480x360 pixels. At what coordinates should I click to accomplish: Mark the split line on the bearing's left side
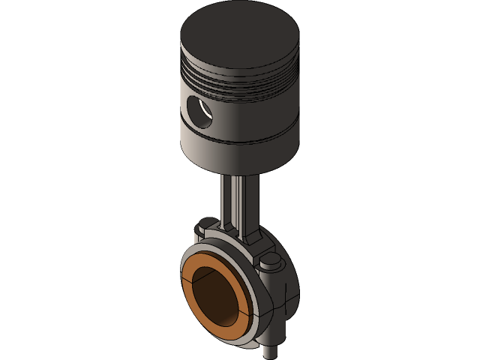point(184,278)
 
